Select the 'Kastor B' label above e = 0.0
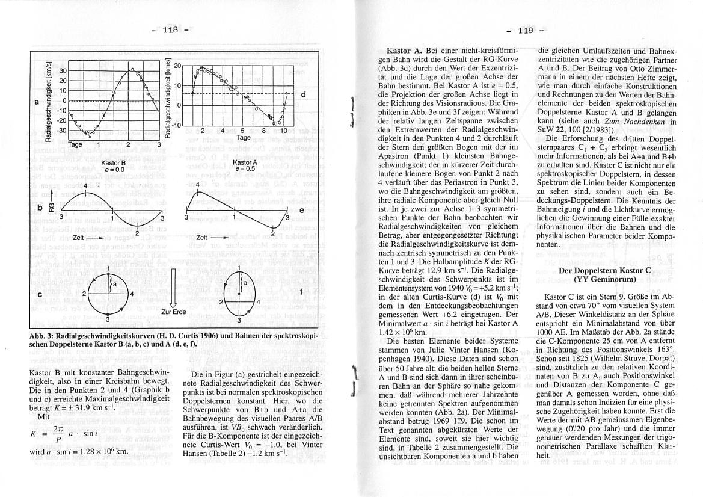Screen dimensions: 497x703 click(113, 162)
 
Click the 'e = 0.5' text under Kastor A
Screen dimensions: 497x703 click(245, 170)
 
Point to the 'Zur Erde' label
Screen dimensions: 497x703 click(174, 312)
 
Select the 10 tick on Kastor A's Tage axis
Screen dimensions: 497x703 click(281, 130)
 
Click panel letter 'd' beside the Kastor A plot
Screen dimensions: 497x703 click(303, 94)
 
